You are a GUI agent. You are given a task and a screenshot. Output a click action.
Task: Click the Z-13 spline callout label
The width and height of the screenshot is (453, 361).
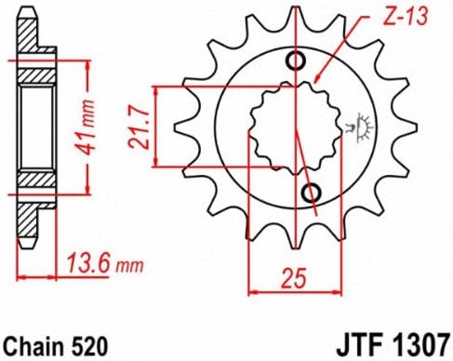(406, 16)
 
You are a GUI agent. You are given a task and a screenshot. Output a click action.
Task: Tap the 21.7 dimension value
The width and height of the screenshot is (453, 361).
(139, 127)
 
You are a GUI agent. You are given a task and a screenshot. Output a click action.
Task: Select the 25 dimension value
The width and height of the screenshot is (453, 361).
(295, 277)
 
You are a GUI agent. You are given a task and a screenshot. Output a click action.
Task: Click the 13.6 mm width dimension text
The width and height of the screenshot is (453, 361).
(105, 264)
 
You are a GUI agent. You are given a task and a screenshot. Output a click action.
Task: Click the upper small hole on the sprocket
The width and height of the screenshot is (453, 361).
(296, 60)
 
